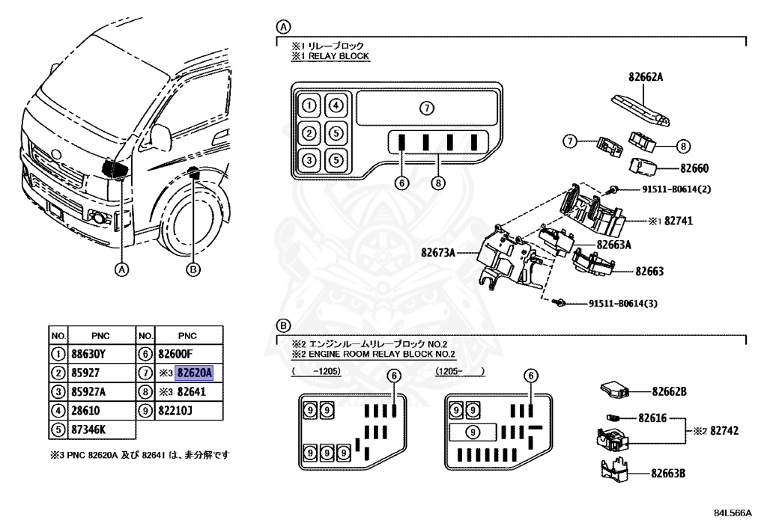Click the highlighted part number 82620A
(x=195, y=373)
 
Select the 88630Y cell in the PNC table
(x=88, y=354)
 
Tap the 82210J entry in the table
(x=175, y=411)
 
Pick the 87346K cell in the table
(x=88, y=429)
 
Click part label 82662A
(x=646, y=76)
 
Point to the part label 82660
(x=694, y=168)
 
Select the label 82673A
(x=437, y=253)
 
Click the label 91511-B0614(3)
(x=622, y=303)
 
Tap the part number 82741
(x=679, y=221)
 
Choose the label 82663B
(x=667, y=474)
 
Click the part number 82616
(x=652, y=418)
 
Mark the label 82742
(x=724, y=431)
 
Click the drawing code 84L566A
(x=733, y=513)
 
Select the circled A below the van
(x=122, y=269)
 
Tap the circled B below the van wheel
(x=194, y=269)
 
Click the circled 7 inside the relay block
(x=427, y=108)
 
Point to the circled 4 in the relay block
(x=336, y=105)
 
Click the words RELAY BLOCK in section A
(x=339, y=56)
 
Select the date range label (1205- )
(x=461, y=371)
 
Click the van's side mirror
(x=161, y=137)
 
